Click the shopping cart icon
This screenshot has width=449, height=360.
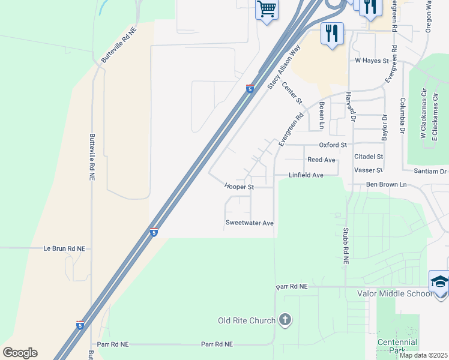pos(267,10)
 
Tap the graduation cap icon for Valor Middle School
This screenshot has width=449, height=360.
pos(439,281)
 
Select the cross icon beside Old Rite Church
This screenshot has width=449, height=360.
pos(285,320)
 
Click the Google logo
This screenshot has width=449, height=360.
pos(20,353)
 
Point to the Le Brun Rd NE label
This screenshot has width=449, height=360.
pos(65,248)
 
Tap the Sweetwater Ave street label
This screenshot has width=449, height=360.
pos(249,223)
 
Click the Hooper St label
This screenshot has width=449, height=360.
pos(240,187)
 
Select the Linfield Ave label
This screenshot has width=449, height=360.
pos(306,175)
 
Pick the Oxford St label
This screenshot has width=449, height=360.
pos(333,145)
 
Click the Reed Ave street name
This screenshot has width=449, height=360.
pos(321,160)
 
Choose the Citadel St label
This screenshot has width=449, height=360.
pos(369,156)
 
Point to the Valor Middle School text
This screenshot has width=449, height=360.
pos(394,293)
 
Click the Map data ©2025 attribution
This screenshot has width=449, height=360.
pos(423,355)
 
